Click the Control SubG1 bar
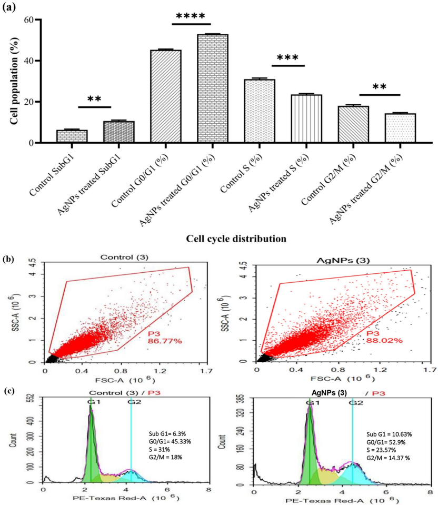coord(72,136)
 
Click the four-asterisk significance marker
coord(191,16)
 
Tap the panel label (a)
coord(13,7)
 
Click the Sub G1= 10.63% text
coord(382,434)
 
